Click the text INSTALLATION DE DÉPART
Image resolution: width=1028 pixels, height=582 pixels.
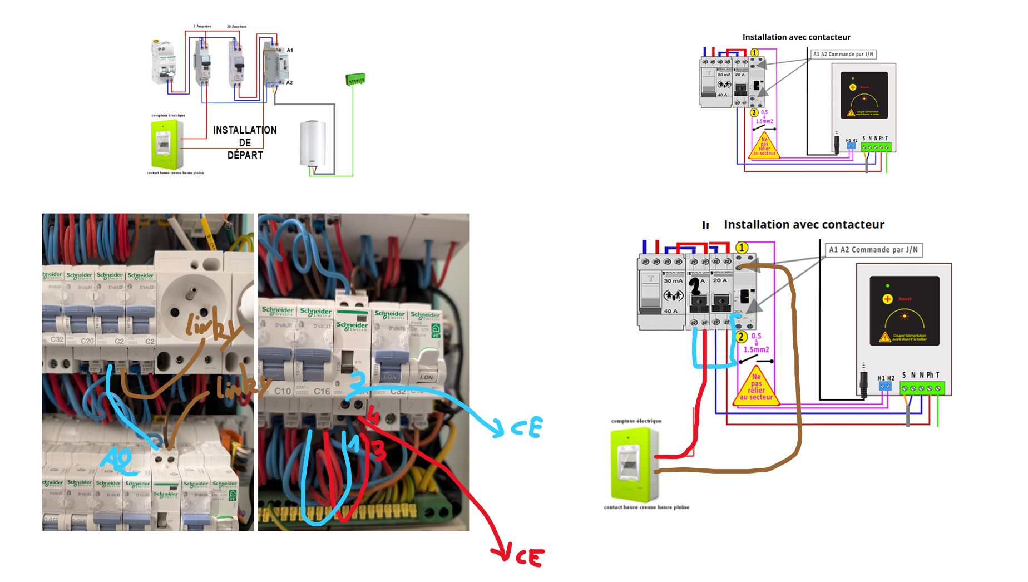(x=245, y=142)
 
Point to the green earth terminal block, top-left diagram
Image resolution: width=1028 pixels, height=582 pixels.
(x=355, y=80)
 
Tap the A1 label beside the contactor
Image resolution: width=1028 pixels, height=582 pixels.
(x=290, y=51)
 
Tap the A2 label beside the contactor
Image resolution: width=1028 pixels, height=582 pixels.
(x=289, y=83)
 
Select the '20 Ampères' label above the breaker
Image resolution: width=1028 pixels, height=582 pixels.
(x=236, y=27)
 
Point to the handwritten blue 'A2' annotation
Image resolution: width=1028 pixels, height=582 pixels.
(x=117, y=460)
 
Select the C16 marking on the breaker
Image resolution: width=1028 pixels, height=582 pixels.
(x=322, y=391)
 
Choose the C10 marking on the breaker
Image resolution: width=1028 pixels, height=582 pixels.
(x=283, y=391)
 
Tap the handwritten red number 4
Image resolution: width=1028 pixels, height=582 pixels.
(x=373, y=416)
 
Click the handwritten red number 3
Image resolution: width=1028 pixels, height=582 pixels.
(x=379, y=451)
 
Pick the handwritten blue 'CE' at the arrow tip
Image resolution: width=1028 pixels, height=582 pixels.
(x=526, y=428)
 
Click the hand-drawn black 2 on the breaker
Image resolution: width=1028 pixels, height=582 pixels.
(x=695, y=286)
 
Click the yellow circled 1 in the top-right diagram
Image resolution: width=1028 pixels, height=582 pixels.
(x=754, y=53)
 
